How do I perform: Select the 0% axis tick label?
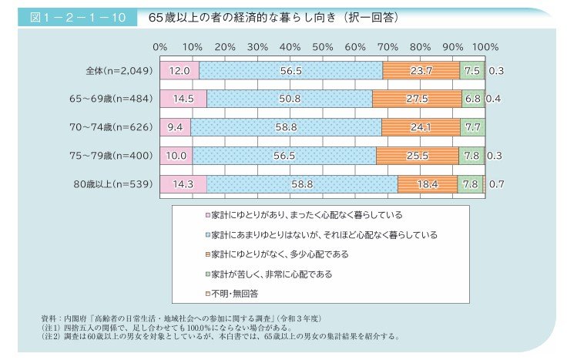click(x=160, y=47)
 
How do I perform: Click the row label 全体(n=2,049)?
click(x=119, y=70)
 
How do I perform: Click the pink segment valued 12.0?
click(x=179, y=70)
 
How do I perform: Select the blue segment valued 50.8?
click(x=290, y=99)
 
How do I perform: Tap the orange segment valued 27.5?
click(x=417, y=99)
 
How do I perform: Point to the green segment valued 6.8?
click(x=472, y=99)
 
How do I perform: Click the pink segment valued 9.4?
click(x=175, y=126)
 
